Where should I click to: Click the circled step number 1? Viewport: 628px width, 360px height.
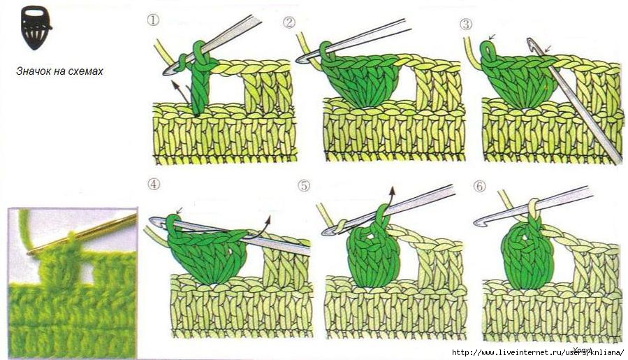click(x=153, y=20)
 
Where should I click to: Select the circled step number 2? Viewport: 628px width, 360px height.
click(x=289, y=22)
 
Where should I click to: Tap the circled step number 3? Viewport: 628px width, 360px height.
click(x=466, y=24)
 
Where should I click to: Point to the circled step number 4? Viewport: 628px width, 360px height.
click(x=154, y=184)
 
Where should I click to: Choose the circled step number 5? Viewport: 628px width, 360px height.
click(x=304, y=186)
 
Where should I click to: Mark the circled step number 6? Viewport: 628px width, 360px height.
click(x=479, y=187)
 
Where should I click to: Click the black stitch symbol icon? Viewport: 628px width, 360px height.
click(x=36, y=27)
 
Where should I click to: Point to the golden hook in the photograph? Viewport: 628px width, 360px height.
click(x=82, y=234)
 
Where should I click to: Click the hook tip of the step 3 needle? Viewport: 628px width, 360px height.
click(x=531, y=42)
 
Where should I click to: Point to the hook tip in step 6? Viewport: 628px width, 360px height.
click(x=479, y=222)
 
